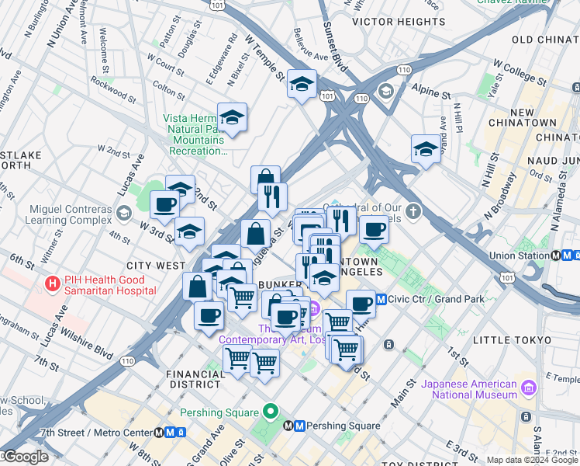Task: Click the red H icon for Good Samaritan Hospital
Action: tap(53, 284)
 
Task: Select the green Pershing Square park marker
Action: tap(270, 412)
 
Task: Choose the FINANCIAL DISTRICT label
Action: tap(196, 379)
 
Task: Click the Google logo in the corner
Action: tap(25, 457)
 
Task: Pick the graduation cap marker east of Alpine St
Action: tap(426, 149)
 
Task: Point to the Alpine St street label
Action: tap(431, 90)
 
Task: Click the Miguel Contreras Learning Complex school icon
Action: tap(123, 213)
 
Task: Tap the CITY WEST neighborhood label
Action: tap(160, 266)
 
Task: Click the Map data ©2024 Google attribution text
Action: tap(531, 460)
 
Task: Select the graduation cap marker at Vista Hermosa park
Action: tap(232, 118)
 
